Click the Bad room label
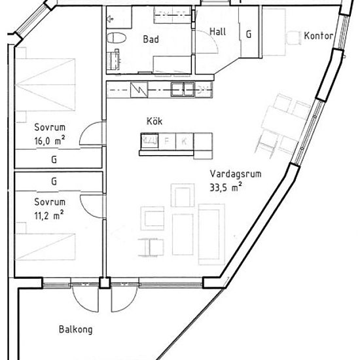click(x=151, y=39)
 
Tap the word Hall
click(x=218, y=31)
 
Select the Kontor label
click(x=319, y=36)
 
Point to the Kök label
click(x=154, y=121)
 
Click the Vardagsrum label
click(x=236, y=174)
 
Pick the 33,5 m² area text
click(x=225, y=187)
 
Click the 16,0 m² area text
click(x=50, y=141)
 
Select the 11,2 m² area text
click(x=49, y=215)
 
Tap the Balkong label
click(x=76, y=329)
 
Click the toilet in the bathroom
click(x=117, y=38)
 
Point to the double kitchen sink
click(x=183, y=89)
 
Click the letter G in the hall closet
click(x=249, y=35)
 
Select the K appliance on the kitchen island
click(x=184, y=141)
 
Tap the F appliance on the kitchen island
click(x=167, y=141)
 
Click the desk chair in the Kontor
click(x=294, y=38)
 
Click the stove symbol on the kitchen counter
click(x=139, y=89)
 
